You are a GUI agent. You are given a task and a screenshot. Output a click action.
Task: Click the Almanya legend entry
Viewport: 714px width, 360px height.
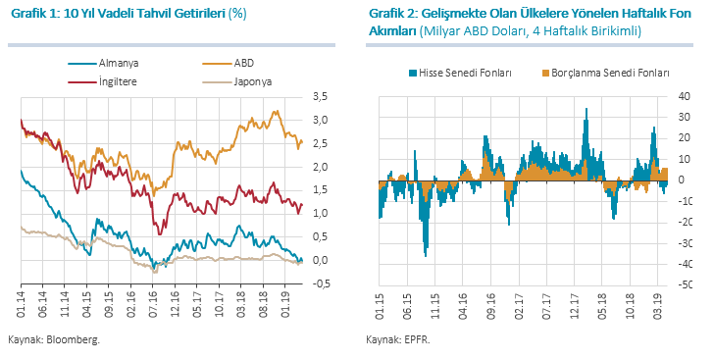[x=103, y=64]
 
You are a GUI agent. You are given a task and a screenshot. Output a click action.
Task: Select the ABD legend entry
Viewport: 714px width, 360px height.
[x=228, y=64]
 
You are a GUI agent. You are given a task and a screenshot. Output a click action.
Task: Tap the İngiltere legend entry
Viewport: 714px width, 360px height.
[x=102, y=82]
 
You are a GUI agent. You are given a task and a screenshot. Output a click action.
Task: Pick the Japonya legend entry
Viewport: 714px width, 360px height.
[x=237, y=82]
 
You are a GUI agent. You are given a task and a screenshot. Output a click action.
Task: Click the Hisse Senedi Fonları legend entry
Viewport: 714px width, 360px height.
[x=460, y=73]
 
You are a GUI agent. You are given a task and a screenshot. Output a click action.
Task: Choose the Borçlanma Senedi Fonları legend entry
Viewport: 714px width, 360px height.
[x=606, y=73]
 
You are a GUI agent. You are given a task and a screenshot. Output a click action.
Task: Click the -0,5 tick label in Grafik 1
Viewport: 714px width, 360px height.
[x=319, y=283]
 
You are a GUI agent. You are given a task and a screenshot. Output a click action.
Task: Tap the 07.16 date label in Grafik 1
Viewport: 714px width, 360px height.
[x=153, y=302]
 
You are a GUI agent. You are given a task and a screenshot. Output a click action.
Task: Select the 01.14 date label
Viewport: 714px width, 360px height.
[x=22, y=302]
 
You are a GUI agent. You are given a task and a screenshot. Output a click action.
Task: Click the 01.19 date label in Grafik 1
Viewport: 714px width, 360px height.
[x=285, y=302]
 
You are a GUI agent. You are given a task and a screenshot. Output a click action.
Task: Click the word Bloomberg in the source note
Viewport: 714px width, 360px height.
[x=73, y=340]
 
